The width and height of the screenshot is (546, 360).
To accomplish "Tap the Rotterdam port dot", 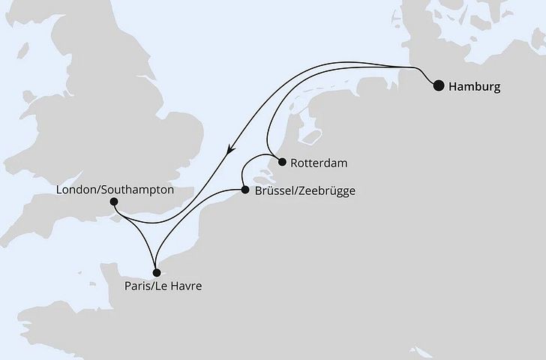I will (x=281, y=161).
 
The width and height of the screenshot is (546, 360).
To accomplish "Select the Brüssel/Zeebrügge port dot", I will (x=244, y=190).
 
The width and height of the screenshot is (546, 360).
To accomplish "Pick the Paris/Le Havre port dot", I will (x=155, y=273).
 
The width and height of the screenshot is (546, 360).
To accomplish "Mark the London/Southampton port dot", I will (x=113, y=201).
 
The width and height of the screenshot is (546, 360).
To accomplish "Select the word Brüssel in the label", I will (x=274, y=191).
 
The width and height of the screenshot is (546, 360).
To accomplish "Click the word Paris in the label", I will (x=139, y=286).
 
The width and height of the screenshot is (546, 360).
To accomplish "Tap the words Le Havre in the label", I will (x=184, y=286).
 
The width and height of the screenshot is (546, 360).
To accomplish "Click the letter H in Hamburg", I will (x=452, y=87).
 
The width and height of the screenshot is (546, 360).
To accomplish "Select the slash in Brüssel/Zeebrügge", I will (x=295, y=191).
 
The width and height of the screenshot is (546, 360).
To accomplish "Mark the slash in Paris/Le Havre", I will (x=157, y=286).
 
